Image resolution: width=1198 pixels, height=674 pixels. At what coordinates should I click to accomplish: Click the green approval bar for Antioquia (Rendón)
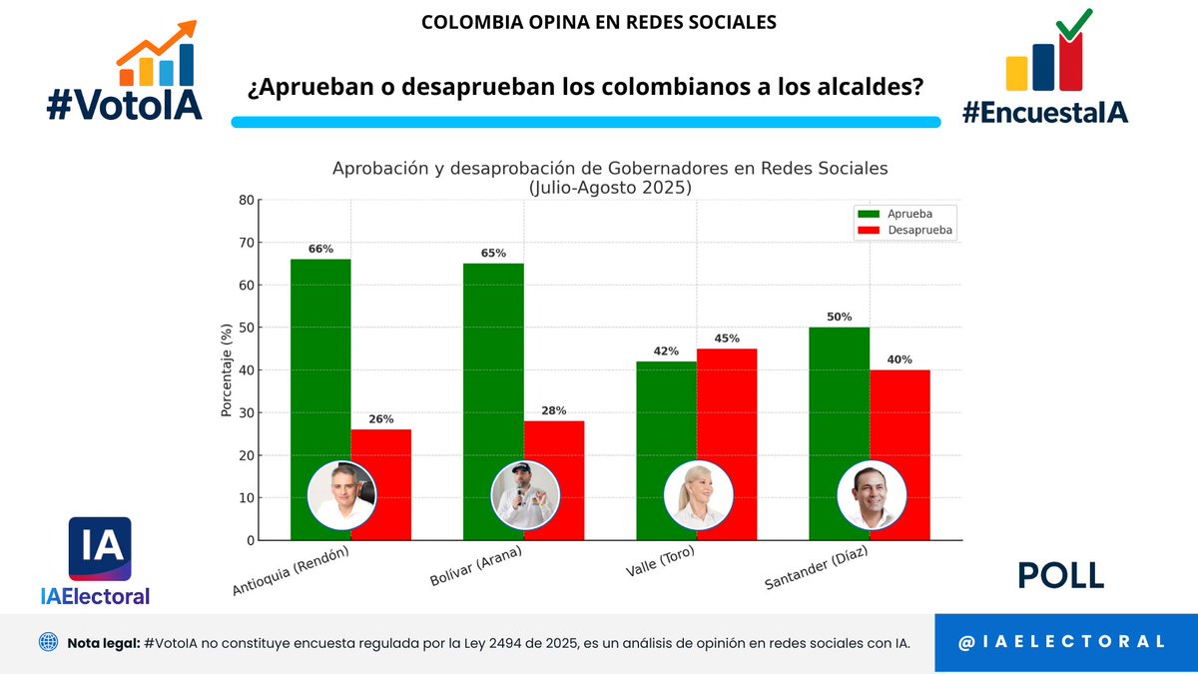pyautogui.click(x=320, y=359)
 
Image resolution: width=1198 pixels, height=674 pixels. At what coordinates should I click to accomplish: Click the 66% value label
pyautogui.click(x=320, y=249)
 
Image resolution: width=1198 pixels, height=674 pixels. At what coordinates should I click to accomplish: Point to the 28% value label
pyautogui.click(x=554, y=410)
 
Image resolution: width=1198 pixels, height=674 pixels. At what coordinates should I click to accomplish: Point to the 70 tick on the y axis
pyautogui.click(x=246, y=243)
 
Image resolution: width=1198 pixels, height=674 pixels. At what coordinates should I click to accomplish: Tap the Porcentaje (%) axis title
pyautogui.click(x=227, y=369)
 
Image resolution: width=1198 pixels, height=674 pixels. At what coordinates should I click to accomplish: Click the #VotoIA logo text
pyautogui.click(x=124, y=103)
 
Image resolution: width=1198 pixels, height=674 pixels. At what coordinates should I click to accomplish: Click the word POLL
pyautogui.click(x=1060, y=576)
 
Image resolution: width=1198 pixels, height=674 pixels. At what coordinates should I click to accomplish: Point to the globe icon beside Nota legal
pyautogui.click(x=48, y=642)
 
